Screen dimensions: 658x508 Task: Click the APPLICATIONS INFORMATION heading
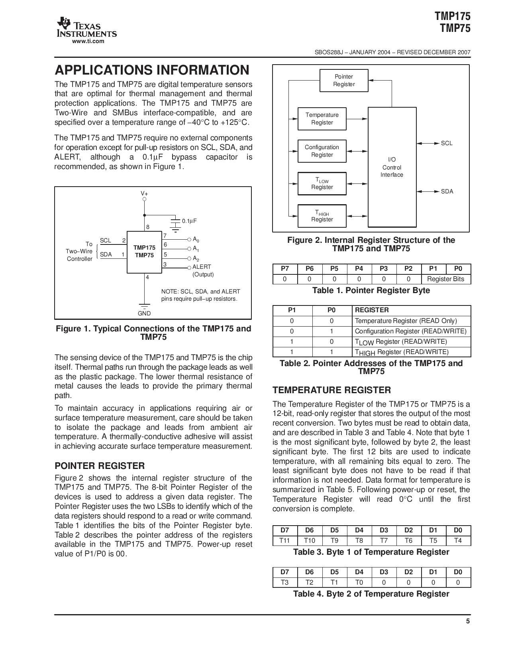[152, 71]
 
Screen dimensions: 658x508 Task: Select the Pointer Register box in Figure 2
[343, 81]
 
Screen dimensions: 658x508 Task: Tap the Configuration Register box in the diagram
[322, 151]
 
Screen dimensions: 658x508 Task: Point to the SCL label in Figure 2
[447, 143]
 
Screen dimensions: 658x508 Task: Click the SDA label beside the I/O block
[447, 191]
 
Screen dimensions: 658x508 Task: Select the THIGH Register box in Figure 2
[322, 216]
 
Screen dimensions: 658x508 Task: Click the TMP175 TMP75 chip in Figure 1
[144, 252]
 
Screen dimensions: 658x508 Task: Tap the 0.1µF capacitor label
[189, 221]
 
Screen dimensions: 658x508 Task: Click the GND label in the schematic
[144, 313]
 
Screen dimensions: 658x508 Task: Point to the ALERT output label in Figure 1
[202, 267]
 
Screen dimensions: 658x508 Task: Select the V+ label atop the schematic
[144, 193]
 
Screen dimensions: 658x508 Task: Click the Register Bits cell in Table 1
[445, 279]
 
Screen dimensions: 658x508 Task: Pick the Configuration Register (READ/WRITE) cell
[410, 331]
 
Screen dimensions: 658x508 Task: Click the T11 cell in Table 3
[285, 541]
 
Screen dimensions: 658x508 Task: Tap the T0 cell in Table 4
[359, 582]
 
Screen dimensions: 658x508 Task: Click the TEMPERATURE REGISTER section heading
[331, 390]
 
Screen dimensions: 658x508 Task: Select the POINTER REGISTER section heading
[100, 466]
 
